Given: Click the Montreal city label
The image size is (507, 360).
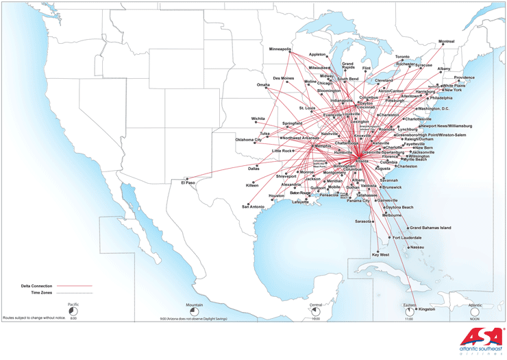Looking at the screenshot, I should tap(446, 41).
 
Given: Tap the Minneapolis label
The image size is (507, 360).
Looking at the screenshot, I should tap(280, 49).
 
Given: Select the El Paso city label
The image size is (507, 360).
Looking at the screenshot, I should tap(188, 183).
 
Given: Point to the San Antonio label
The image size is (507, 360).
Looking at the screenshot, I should tap(252, 206).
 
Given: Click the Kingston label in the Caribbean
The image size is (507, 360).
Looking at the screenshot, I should tap(426, 309).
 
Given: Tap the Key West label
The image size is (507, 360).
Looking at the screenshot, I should tap(380, 254).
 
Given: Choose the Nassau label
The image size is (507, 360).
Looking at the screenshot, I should tap(417, 247).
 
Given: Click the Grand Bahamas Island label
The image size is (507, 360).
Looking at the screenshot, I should tap(430, 227).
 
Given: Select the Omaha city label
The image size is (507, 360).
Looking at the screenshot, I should tap(263, 84).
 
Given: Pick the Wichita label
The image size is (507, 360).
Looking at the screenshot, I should tap(258, 118).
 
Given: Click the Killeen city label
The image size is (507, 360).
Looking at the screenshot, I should tap(252, 185).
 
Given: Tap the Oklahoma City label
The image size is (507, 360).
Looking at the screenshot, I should tap(249, 139).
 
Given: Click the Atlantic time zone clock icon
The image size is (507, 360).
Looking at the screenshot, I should tap(475, 312).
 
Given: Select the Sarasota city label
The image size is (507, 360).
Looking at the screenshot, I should tap(363, 221).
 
